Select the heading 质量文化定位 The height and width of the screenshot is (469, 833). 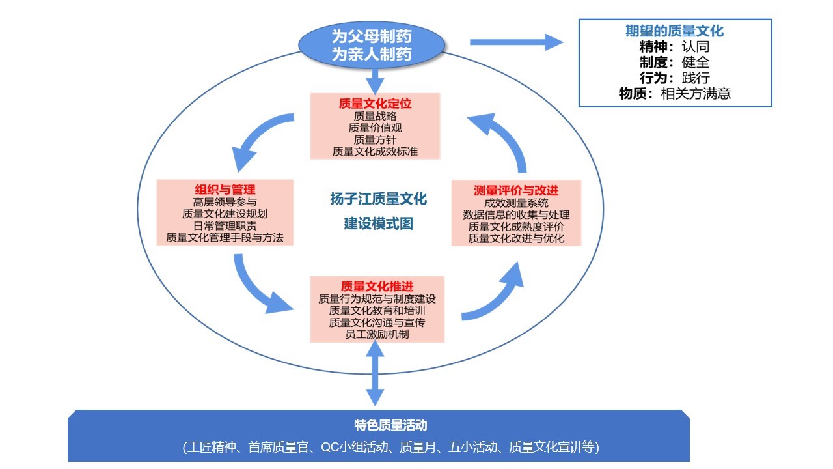pos(375,104)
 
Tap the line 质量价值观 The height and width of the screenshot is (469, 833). pos(375,128)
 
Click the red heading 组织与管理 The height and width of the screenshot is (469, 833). pos(225,190)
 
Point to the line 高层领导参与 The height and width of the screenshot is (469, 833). pos(225,202)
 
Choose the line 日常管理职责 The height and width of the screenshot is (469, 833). pos(225,226)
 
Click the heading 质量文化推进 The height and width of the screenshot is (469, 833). pos(377,287)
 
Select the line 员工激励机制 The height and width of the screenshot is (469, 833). pos(377,335)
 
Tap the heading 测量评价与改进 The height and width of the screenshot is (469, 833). pos(516,190)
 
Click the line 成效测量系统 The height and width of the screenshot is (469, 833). pos(516,203)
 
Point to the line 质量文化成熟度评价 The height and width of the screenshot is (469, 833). pos(516,227)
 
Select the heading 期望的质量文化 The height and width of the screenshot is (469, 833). pos(674,31)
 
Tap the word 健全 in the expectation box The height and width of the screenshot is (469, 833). pos(695,63)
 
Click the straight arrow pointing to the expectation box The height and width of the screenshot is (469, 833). pos(515,43)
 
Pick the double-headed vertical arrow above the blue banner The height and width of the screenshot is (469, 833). pos(375,373)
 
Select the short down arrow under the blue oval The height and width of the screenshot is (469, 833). pos(375,82)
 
